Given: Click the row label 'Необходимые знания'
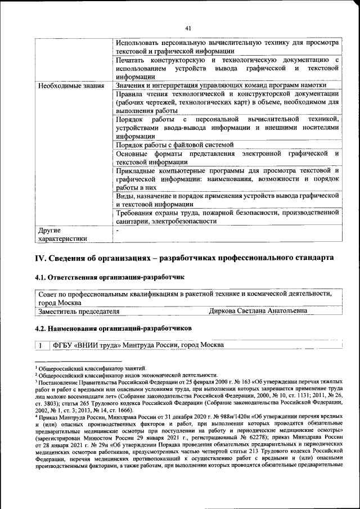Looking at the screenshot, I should pos(70,85).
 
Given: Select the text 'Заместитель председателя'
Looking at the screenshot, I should pos(78,311).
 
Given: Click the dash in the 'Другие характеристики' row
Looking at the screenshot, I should pos(118,230).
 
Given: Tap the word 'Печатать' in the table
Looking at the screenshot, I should pos(130,60).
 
